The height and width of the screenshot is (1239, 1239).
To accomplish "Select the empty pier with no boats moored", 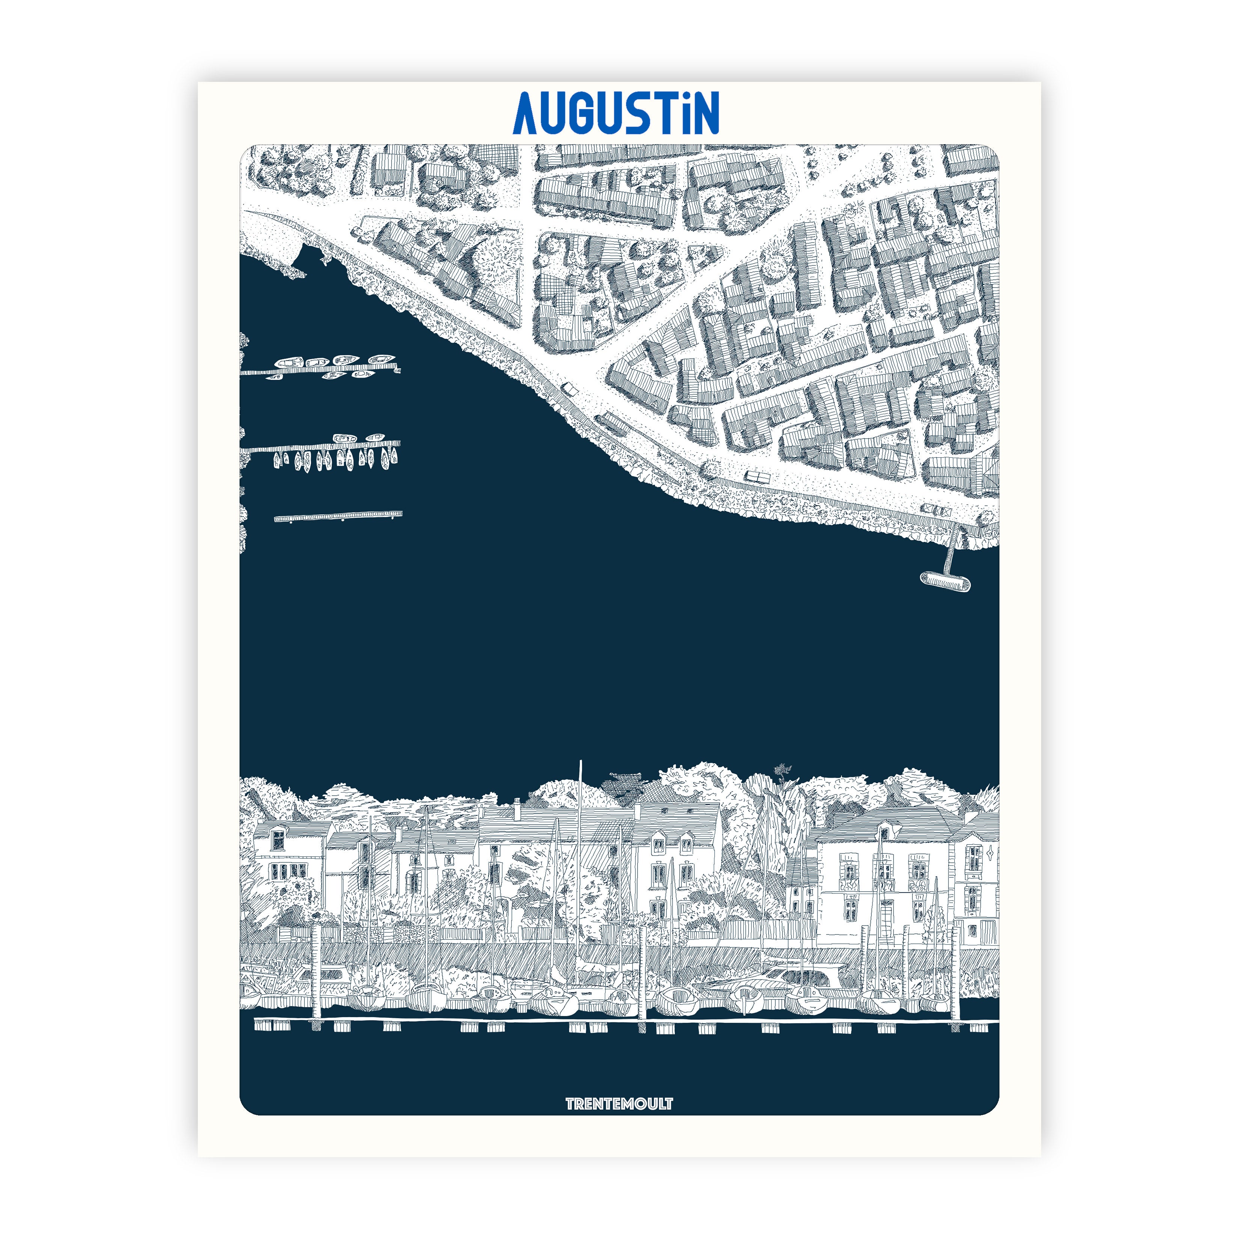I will [338, 515].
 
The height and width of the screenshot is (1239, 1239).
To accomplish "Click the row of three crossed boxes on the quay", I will [936, 510].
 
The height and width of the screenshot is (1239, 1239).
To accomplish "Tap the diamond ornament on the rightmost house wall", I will [992, 853].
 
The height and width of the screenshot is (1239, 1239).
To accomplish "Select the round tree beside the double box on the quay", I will [710, 469].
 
